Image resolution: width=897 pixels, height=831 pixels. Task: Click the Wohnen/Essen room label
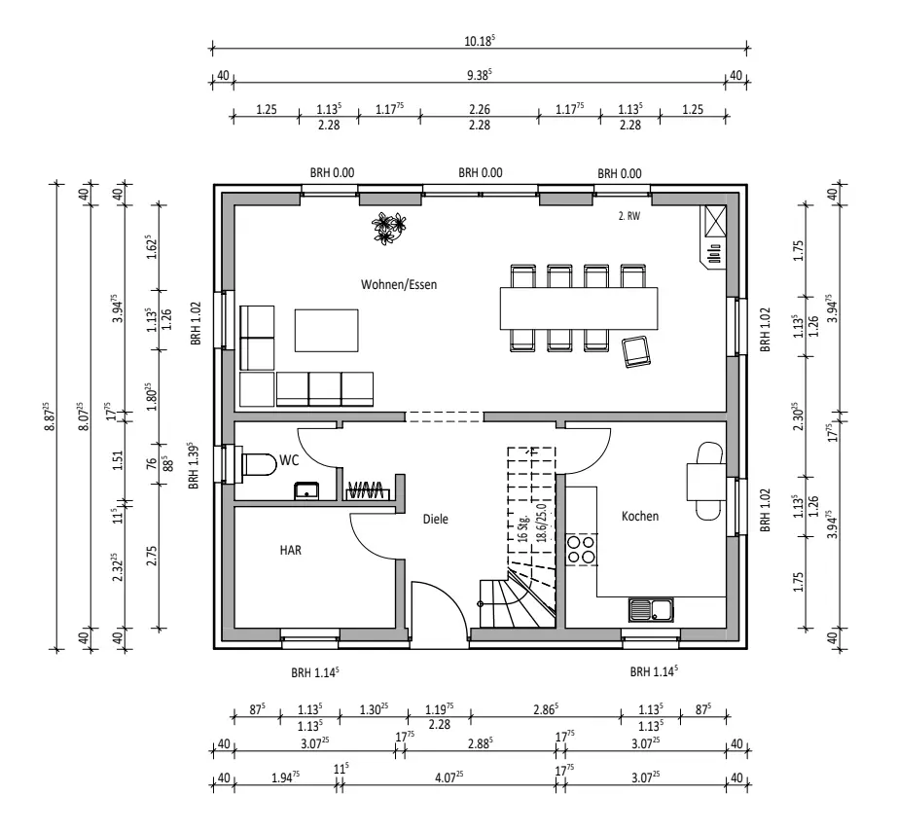pos(399,285)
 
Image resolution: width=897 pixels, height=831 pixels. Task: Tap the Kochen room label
pos(640,517)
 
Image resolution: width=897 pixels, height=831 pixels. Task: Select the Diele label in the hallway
pos(435,520)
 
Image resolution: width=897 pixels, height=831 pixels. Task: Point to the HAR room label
pos(291,550)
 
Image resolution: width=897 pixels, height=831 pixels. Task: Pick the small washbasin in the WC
pos(307,489)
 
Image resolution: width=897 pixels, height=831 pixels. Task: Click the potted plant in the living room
pos(387,230)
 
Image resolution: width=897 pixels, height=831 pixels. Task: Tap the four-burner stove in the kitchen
pos(582,550)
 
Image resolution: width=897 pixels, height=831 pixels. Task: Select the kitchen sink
pos(651,611)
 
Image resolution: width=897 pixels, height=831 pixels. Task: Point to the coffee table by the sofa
pos(325,329)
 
